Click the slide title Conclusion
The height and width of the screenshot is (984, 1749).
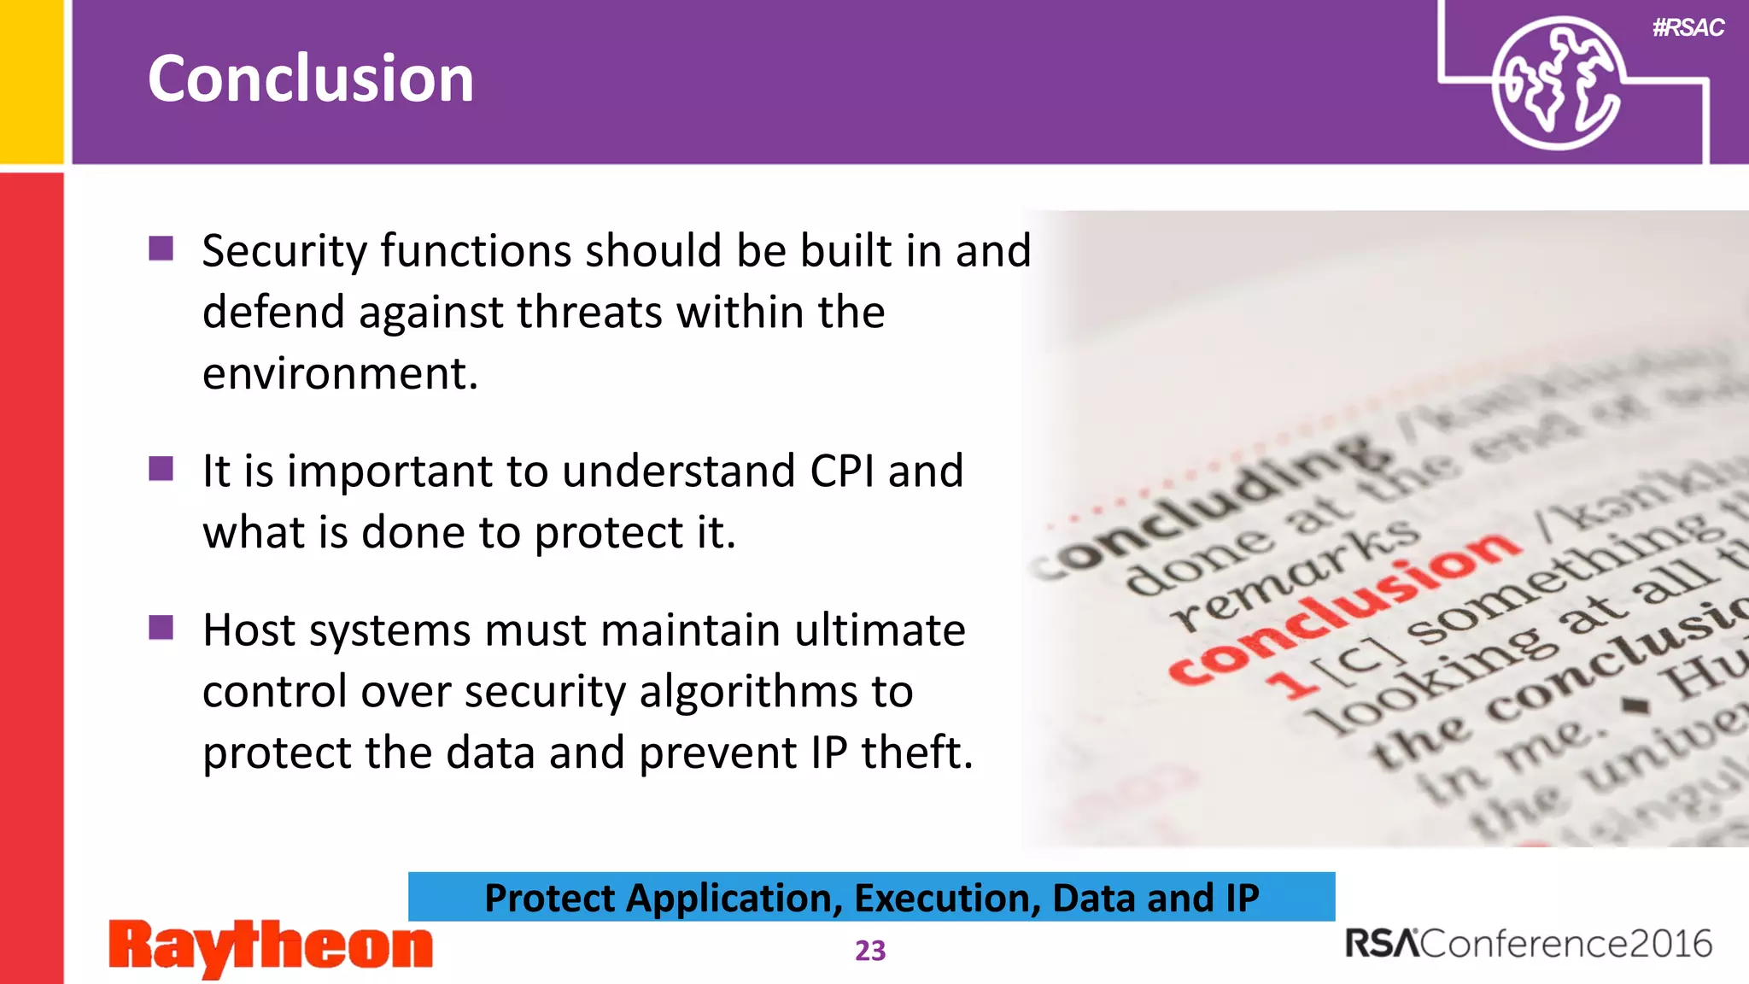click(x=311, y=79)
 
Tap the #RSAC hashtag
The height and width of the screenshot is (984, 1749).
click(x=1688, y=28)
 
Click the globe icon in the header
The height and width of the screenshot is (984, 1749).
click(x=1556, y=84)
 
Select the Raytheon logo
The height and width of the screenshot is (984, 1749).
click(x=271, y=946)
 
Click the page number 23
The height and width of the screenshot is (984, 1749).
click(x=870, y=951)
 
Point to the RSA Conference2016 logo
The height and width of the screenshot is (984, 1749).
click(x=1529, y=944)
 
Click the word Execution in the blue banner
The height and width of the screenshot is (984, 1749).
click(x=947, y=898)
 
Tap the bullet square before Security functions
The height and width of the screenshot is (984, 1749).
click(x=161, y=249)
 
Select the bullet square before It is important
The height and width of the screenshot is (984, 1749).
click(x=161, y=469)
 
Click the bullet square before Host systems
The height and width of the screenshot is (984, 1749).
click(x=161, y=628)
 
